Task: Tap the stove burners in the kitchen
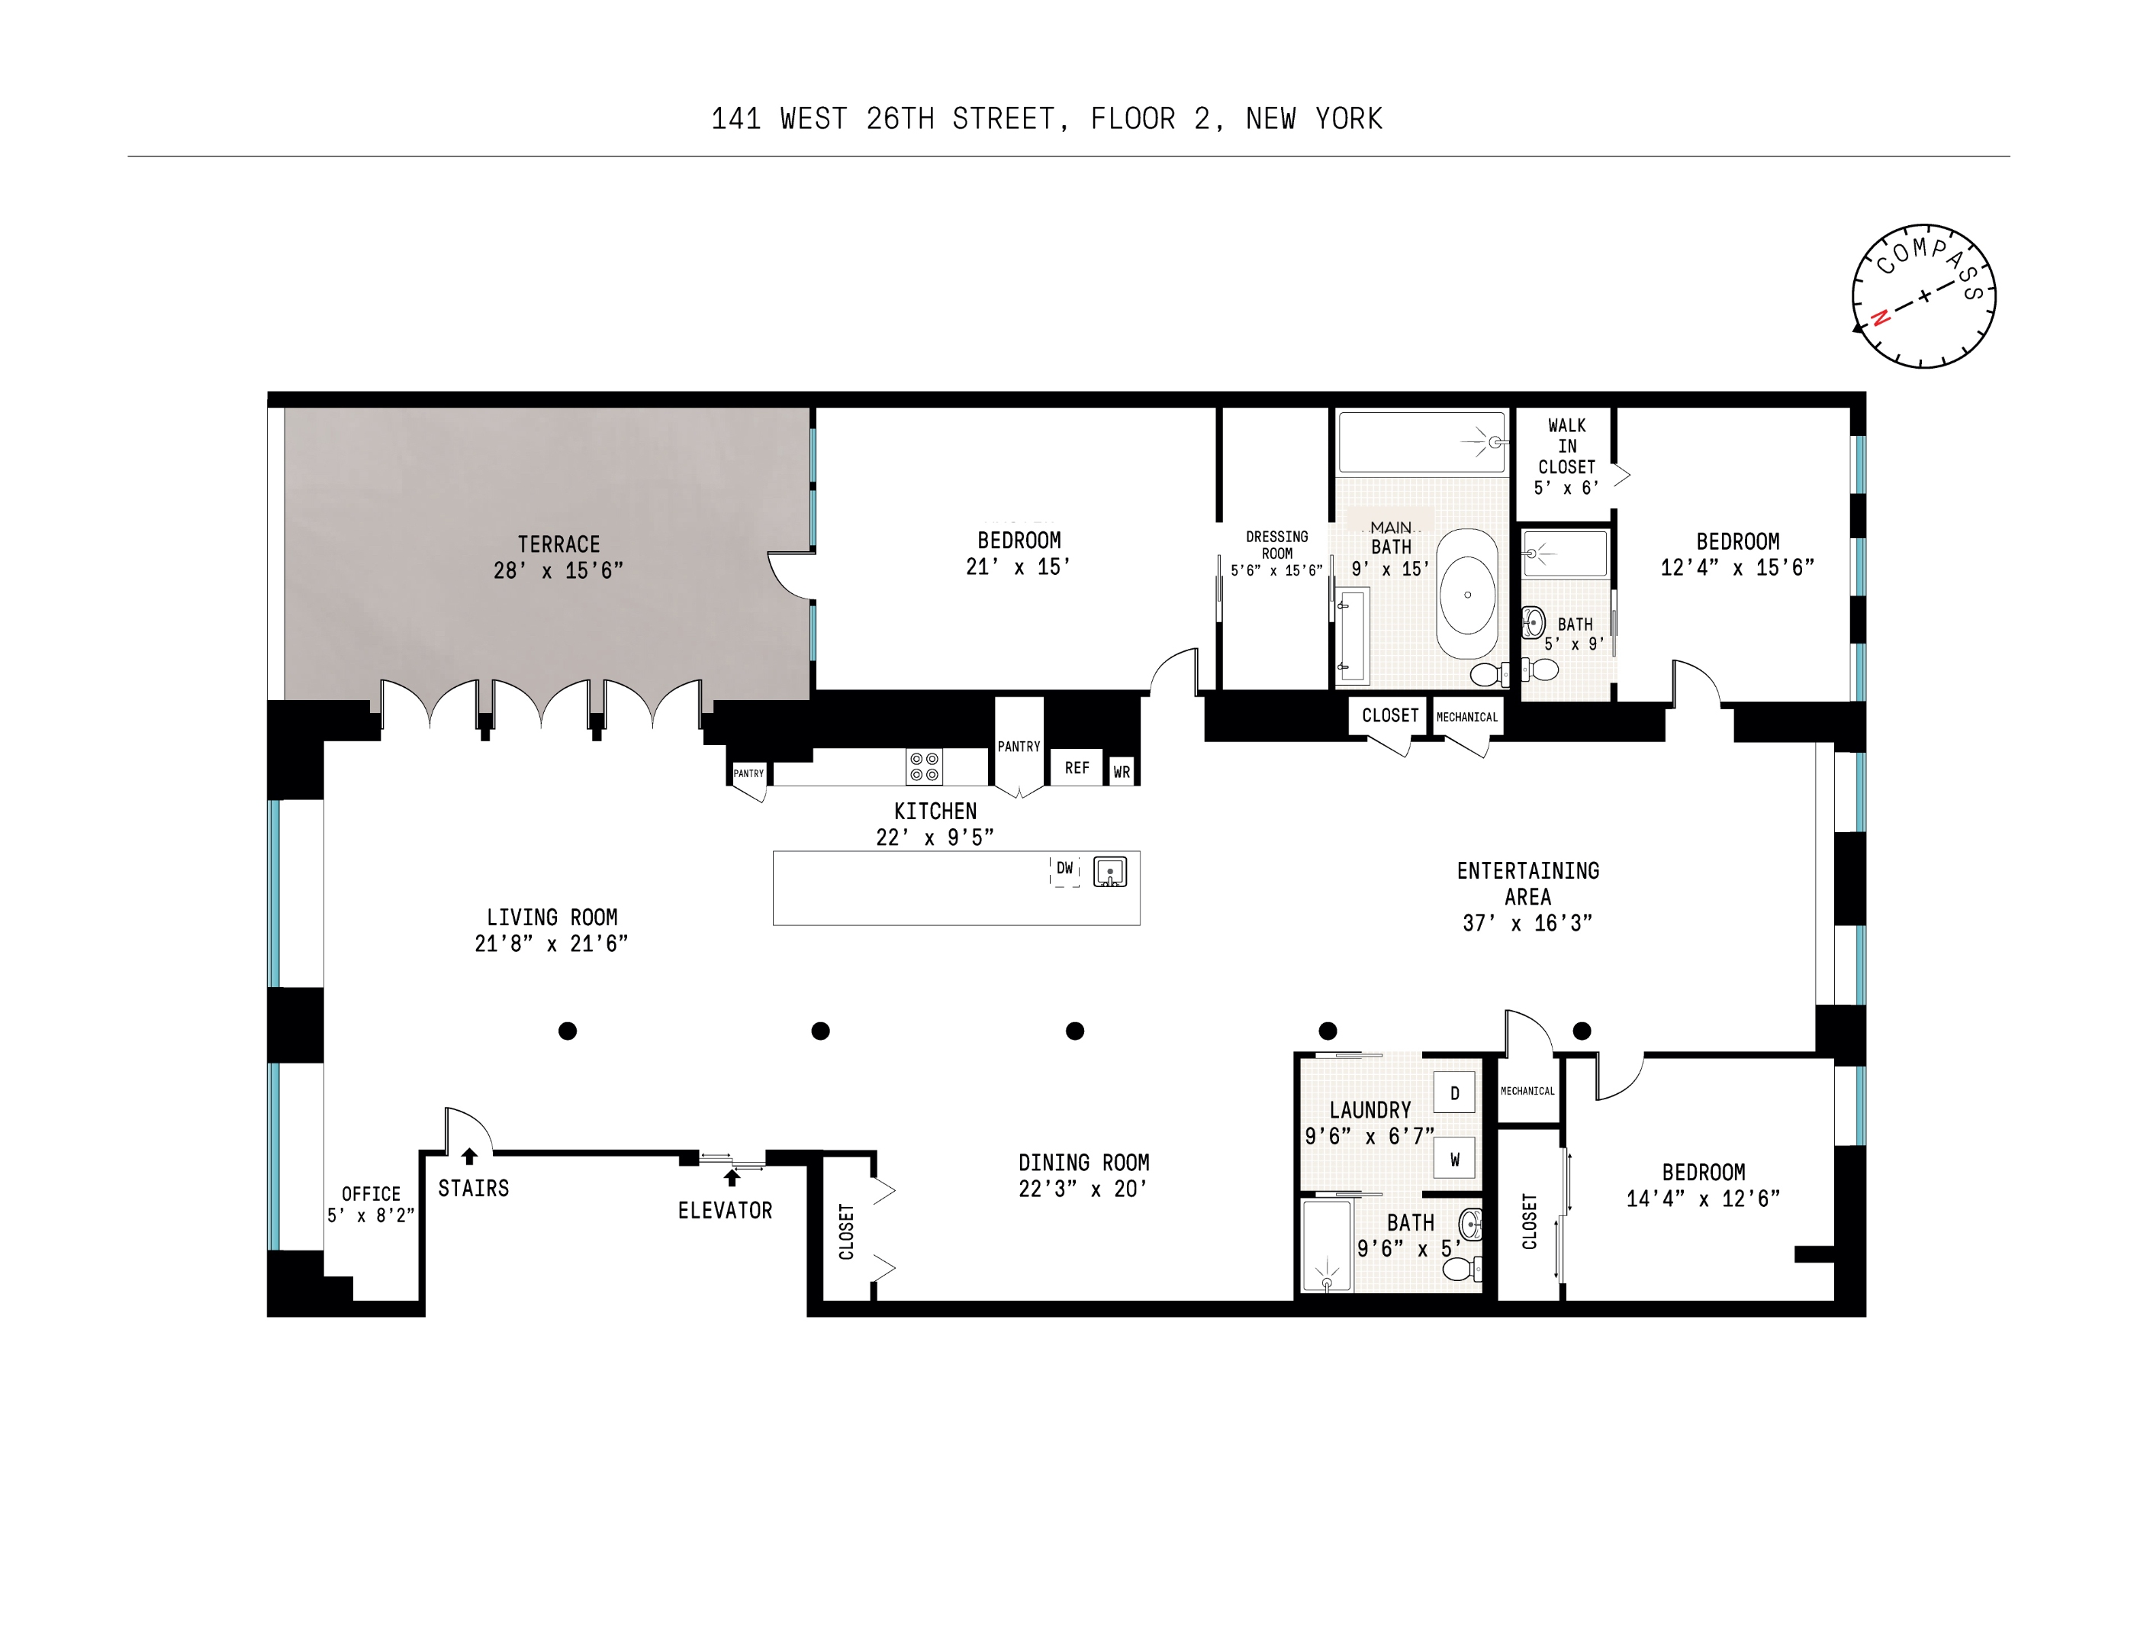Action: coord(923,766)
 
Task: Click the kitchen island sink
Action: coord(1110,871)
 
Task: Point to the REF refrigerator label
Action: coord(1077,768)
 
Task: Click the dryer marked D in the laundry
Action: coord(1454,1092)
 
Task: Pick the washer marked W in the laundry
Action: coord(1454,1160)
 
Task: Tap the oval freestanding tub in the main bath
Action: coord(1466,594)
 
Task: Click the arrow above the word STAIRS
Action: coord(469,1157)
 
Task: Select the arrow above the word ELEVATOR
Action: coord(732,1178)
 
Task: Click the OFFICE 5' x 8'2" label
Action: coord(372,1204)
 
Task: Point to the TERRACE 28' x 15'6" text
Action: coord(558,557)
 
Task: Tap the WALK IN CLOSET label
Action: coord(1566,456)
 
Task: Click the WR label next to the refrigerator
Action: coord(1122,772)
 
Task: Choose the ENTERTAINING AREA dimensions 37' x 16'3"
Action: coord(1527,923)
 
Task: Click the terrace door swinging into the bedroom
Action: coord(791,576)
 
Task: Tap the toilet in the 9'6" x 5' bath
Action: coord(1460,1269)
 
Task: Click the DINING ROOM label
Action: coord(1083,1162)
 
